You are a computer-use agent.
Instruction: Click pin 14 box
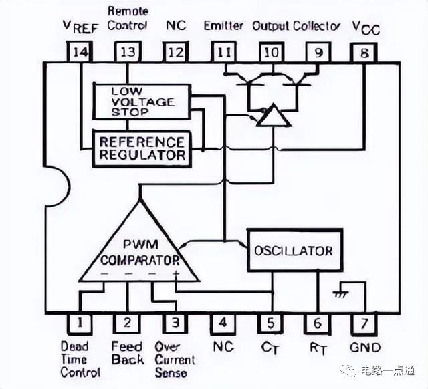[x=80, y=52]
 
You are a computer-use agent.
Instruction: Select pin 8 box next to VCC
[x=364, y=53]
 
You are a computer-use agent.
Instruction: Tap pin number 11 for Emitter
[x=224, y=52]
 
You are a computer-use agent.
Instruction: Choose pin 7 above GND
[x=364, y=324]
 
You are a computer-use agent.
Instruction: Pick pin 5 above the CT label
[x=271, y=323]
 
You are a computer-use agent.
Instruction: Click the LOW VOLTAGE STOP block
[x=142, y=102]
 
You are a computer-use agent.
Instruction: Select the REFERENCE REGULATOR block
[x=142, y=148]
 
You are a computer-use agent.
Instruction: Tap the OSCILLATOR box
[x=295, y=251]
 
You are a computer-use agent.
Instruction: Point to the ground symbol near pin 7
[x=341, y=294]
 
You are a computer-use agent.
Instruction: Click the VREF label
[x=80, y=27]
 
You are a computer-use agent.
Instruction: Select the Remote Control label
[x=128, y=19]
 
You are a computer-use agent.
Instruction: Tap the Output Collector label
[x=296, y=27]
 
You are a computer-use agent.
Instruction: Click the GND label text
[x=365, y=348]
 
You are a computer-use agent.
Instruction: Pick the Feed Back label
[x=128, y=353]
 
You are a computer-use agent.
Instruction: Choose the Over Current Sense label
[x=175, y=360]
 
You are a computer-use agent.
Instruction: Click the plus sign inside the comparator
[x=176, y=273]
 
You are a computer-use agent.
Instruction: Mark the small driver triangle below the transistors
[x=274, y=116]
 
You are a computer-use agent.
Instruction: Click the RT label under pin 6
[x=318, y=348]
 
